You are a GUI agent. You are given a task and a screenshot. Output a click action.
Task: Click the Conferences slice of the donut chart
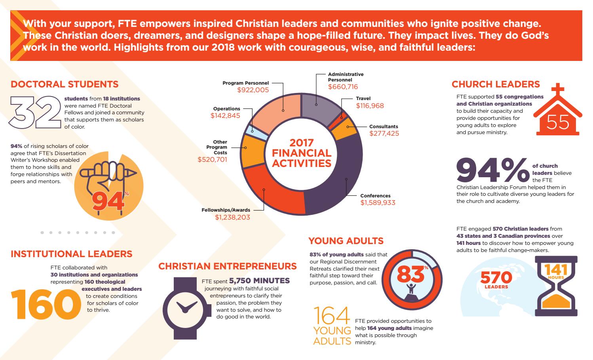(x=342, y=174)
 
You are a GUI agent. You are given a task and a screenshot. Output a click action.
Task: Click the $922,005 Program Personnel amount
(x=253, y=90)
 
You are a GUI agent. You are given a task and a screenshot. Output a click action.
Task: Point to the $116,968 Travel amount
(x=370, y=106)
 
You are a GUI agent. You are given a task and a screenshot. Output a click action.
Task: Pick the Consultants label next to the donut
(x=383, y=127)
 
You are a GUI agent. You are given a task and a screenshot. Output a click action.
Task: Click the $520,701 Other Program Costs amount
(x=212, y=160)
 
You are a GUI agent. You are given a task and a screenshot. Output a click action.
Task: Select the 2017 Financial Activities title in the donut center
(x=302, y=153)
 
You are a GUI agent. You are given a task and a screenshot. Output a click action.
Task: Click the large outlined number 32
(x=36, y=112)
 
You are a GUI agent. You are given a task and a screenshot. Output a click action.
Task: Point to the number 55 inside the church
(x=558, y=123)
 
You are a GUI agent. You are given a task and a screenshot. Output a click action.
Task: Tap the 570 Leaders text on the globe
(x=496, y=280)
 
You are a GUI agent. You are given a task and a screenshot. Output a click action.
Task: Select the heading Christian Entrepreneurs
(x=227, y=266)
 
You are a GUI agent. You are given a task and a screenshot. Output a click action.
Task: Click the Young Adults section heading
(x=346, y=241)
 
